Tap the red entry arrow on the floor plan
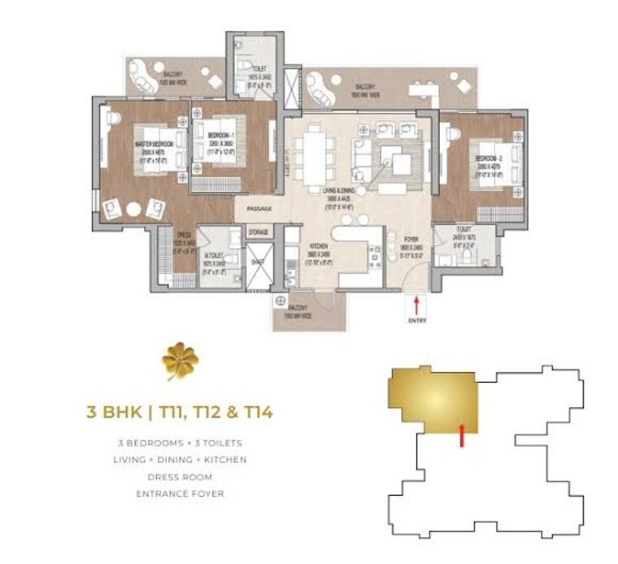(417, 306)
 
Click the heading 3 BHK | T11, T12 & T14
(179, 411)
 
